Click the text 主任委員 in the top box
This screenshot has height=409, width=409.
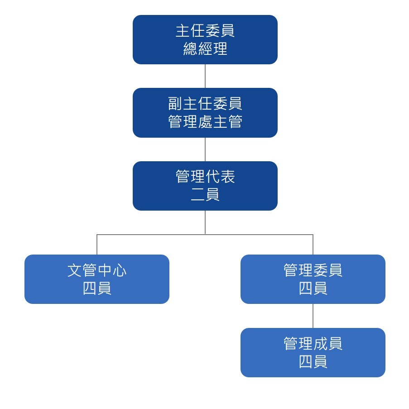click(x=205, y=31)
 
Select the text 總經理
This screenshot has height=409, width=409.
click(x=205, y=48)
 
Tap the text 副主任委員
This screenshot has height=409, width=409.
click(x=205, y=104)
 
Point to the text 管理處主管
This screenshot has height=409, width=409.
click(x=205, y=122)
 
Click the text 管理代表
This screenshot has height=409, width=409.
click(x=205, y=177)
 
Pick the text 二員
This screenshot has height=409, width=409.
click(x=205, y=195)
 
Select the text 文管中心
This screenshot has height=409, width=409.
click(x=97, y=270)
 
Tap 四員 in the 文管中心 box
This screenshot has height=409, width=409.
click(x=97, y=289)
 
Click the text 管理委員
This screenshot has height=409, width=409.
click(x=313, y=270)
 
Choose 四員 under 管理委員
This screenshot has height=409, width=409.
click(x=313, y=289)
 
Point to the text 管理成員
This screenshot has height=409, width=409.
click(x=313, y=343)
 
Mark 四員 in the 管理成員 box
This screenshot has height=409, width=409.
click(x=313, y=361)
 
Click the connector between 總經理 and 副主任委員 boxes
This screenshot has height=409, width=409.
click(x=205, y=76)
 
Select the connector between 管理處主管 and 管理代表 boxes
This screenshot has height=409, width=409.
click(x=205, y=149)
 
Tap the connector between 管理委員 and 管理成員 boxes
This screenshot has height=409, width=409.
click(x=313, y=316)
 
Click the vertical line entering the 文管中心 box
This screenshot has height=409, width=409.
click(x=97, y=245)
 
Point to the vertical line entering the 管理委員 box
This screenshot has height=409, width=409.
click(x=313, y=245)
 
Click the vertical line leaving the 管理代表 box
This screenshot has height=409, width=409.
click(x=205, y=222)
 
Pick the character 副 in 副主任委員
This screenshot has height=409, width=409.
click(x=175, y=104)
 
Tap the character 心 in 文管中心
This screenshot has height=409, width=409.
click(x=119, y=270)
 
